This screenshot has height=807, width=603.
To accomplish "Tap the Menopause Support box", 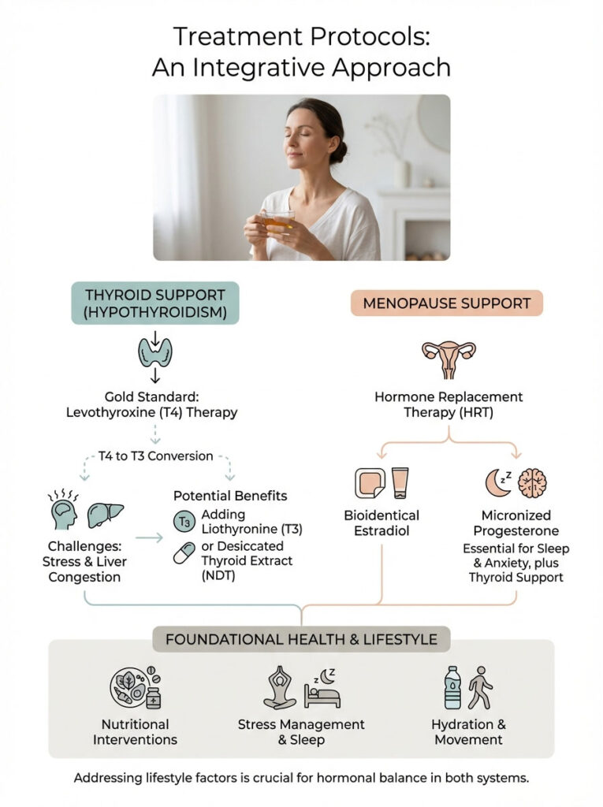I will coord(447,303).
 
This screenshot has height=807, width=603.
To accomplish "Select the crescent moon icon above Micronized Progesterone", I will coord(494,482).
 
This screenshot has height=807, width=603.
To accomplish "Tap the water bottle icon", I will coord(452,688).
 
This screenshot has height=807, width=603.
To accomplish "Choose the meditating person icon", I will coord(280,688).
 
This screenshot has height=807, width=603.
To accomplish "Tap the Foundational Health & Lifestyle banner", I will coord(302,638).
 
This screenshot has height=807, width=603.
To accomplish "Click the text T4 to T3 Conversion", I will coord(155,456).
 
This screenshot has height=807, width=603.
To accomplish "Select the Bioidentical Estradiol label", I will coord(382,523).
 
